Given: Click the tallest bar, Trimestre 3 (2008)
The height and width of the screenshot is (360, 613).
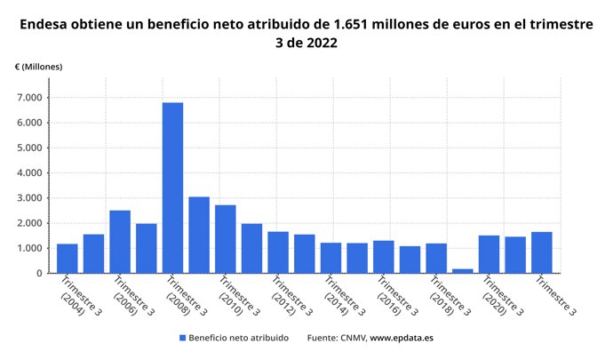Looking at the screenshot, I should pos(172,188).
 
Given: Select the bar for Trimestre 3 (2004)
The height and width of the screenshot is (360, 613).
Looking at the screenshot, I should pos(68,258).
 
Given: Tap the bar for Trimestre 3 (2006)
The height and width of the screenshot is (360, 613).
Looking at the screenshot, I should pos(120,241).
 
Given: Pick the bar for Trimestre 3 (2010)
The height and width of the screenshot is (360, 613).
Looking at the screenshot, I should pos(226,238).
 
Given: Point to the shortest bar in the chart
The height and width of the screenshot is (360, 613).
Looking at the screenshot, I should pos(462,270).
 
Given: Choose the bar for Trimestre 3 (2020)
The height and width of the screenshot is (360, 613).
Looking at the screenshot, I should pos(489,253).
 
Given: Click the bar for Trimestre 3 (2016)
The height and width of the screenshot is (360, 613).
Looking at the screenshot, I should pos(383,256).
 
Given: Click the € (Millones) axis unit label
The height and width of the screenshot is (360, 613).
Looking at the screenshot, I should pos(39,67).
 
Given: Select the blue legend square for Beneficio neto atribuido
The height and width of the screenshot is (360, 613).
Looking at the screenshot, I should pos(182,338).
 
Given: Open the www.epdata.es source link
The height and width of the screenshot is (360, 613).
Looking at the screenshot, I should pos(402,338).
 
